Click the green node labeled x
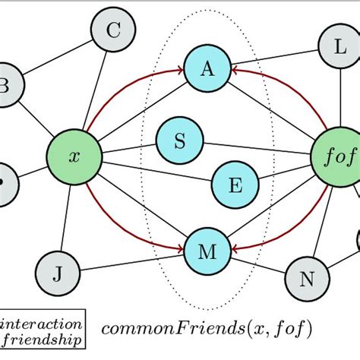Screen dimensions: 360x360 tap(74, 157)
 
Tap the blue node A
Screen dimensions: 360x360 tap(207, 69)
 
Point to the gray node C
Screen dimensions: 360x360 tap(113, 31)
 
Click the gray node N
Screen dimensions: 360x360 tap(308, 278)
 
